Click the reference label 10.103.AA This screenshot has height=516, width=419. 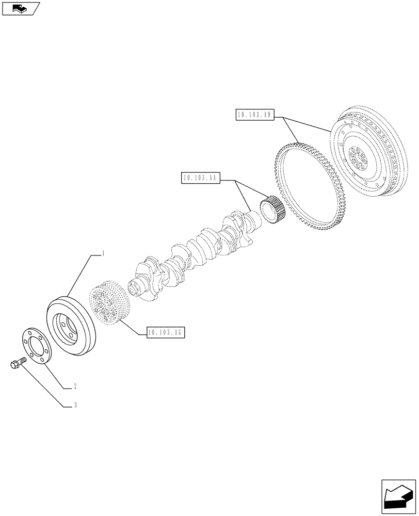201,179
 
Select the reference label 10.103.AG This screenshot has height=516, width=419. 166,332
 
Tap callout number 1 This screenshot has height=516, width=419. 104,253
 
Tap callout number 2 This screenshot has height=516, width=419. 75,386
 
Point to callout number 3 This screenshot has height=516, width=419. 75,406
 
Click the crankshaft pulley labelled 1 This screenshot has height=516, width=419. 71,325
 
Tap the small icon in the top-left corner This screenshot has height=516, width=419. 21,8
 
